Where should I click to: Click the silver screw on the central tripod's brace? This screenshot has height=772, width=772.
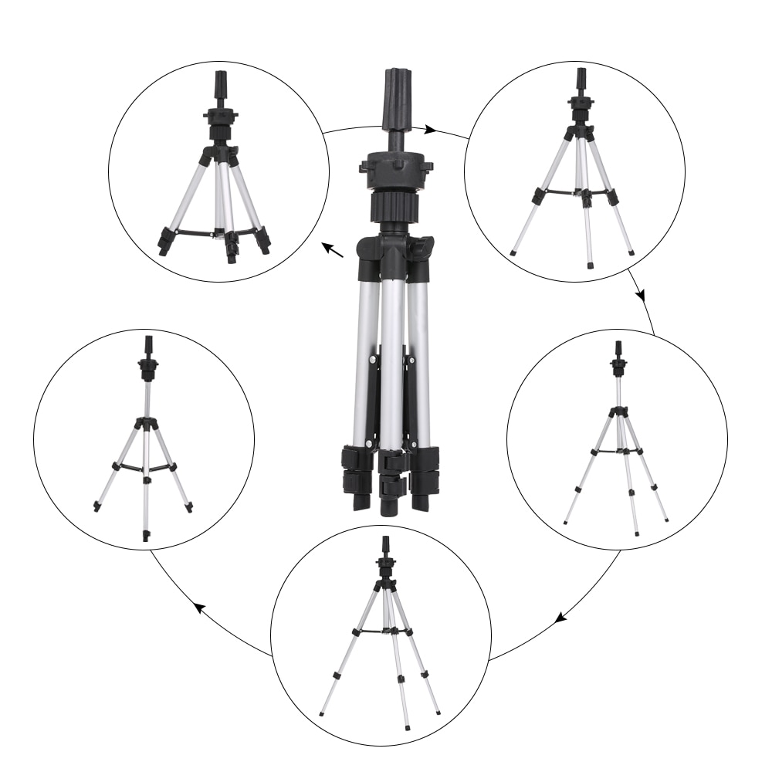click(372, 359)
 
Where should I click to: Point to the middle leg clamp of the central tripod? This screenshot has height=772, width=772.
click(392, 475)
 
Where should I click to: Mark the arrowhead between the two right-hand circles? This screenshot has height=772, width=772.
click(641, 296)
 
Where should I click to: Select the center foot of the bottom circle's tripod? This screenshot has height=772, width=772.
click(408, 725)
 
